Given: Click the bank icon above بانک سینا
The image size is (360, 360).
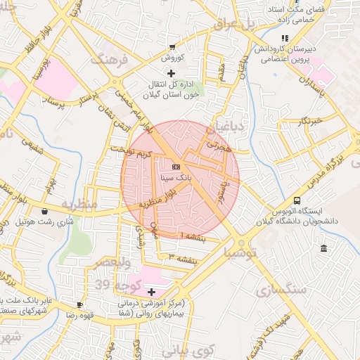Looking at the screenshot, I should [x=176, y=167].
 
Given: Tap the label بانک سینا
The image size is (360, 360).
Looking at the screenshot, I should [x=176, y=178].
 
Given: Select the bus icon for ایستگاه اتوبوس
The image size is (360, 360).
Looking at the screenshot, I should [x=297, y=200].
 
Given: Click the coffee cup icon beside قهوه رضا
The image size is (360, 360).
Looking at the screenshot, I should [x=79, y=304].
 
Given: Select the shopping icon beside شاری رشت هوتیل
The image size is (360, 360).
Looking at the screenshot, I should [x=45, y=211].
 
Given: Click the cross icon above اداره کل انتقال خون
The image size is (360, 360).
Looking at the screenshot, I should [x=171, y=73].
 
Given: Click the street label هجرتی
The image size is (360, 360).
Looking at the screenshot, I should [x=217, y=146].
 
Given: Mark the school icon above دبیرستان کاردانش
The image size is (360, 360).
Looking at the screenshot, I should [x=284, y=38].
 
